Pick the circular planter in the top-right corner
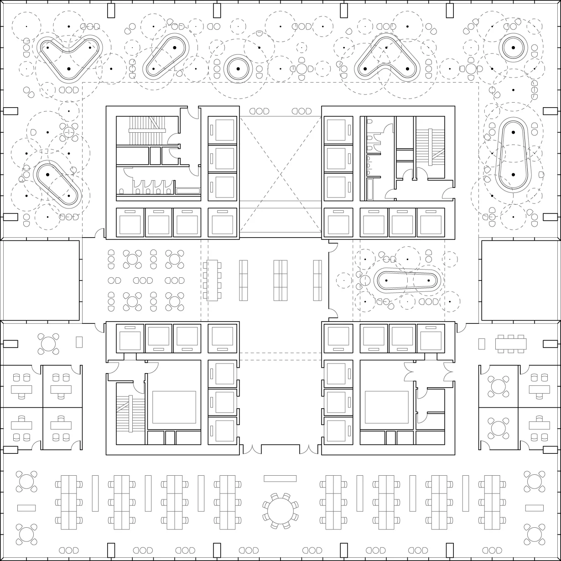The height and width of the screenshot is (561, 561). point(513,47)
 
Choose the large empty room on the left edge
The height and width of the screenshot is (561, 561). point(41,280)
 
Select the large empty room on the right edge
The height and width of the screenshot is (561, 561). point(520,280)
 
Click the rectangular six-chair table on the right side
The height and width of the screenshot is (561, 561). point(511,343)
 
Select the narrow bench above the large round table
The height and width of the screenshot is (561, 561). point(280,478)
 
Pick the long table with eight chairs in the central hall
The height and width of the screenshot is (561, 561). point(212,280)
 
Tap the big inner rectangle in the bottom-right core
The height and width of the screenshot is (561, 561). point(387,407)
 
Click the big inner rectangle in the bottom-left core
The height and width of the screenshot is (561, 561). point(174,407)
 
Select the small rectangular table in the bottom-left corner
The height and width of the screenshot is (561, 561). point(26,508)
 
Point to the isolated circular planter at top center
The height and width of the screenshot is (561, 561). point(238,69)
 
